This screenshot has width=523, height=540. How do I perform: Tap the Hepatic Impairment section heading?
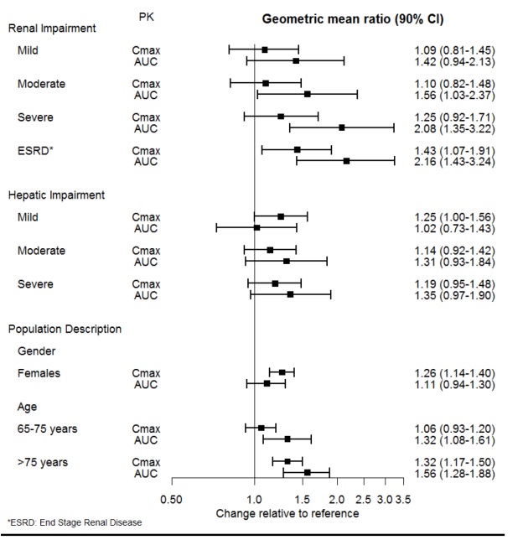(56, 195)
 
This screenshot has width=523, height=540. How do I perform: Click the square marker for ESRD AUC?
(346, 160)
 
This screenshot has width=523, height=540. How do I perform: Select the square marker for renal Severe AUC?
(342, 127)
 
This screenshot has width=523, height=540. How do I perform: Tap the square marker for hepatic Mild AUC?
(256, 227)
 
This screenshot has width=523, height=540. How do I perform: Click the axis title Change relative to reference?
(287, 513)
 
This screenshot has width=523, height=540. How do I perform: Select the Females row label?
(39, 372)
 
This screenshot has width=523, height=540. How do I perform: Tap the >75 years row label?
(42, 461)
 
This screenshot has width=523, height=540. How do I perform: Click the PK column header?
(144, 17)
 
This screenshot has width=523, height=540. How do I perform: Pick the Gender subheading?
(37, 350)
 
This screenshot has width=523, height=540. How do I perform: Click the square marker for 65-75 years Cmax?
(261, 428)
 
